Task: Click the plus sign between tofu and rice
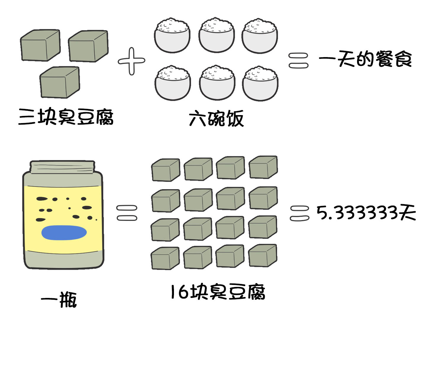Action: coord(131,61)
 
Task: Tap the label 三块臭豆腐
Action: coord(66,117)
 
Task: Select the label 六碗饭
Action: coord(216,118)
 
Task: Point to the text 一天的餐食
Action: coord(365,59)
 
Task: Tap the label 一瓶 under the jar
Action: coord(59,299)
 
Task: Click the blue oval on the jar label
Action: coord(64,233)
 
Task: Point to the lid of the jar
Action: coord(62,167)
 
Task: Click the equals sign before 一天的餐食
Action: coord(298,61)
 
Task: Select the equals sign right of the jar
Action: coord(127,213)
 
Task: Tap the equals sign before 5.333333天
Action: coord(299,213)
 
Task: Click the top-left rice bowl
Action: coord(172,35)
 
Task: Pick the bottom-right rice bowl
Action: coord(260,83)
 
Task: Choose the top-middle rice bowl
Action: coord(217,35)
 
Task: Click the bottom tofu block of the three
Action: coord(60,82)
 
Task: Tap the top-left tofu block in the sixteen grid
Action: coord(166,170)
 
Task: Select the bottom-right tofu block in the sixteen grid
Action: coord(263,256)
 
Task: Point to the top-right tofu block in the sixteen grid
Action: coord(263,167)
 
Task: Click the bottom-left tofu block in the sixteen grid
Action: coord(165,258)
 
